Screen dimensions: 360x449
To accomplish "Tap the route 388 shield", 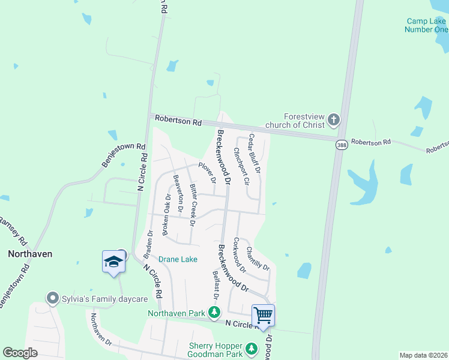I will (341, 146).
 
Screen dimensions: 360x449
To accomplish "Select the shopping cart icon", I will (263, 315).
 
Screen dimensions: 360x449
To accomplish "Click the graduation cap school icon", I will (113, 262).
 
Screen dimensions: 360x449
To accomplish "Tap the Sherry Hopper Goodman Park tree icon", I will (253, 348).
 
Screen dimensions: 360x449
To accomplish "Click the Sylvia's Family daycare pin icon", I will (53, 298).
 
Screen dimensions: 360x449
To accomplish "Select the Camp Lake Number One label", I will (426, 25).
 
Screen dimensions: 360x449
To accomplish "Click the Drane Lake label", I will (178, 259).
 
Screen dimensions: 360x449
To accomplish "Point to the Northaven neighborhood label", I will (30, 254).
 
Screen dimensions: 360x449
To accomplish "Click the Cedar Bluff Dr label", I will (255, 153).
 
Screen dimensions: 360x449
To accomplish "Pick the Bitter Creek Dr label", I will (193, 205).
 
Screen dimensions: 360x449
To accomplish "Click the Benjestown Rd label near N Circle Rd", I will (124, 154).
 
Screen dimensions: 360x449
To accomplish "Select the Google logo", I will (20, 353).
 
